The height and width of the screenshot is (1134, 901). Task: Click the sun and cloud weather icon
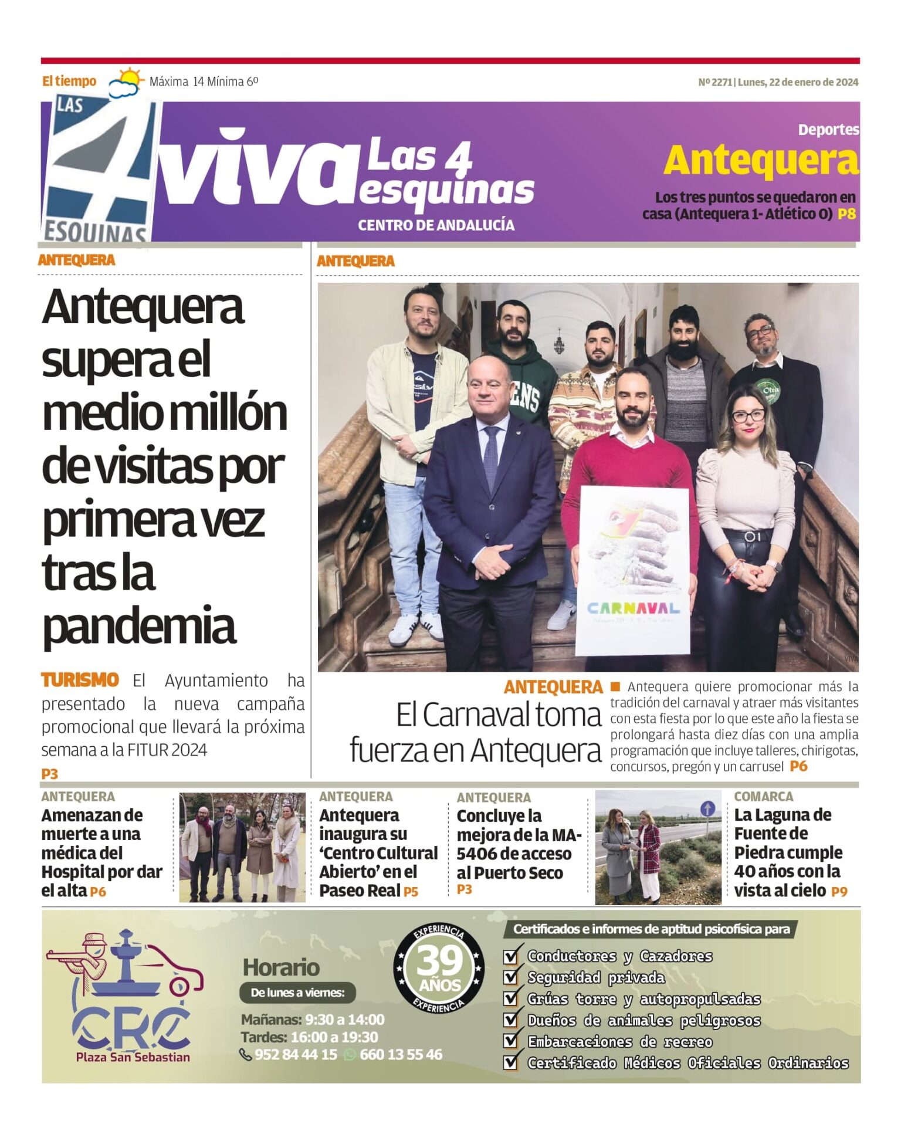click(126, 82)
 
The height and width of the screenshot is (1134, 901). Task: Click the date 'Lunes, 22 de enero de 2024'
click(798, 82)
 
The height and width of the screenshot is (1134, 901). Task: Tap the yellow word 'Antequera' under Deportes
click(761, 161)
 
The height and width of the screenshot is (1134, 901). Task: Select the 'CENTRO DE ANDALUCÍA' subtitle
click(436, 225)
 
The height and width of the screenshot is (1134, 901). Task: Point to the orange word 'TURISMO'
click(80, 681)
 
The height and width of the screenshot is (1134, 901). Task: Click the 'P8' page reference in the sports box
click(846, 214)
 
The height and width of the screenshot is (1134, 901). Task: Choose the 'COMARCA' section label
click(763, 797)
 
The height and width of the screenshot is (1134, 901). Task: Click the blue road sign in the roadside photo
click(707, 809)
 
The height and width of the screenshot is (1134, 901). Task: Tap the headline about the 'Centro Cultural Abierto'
click(378, 852)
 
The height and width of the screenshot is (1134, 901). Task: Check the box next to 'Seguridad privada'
click(511, 977)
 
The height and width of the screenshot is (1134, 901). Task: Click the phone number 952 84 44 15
click(296, 1054)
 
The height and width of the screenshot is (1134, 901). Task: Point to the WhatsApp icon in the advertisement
click(350, 1054)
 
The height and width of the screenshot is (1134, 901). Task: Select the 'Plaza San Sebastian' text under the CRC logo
click(133, 1057)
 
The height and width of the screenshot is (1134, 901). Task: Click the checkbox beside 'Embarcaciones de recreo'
click(511, 1041)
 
